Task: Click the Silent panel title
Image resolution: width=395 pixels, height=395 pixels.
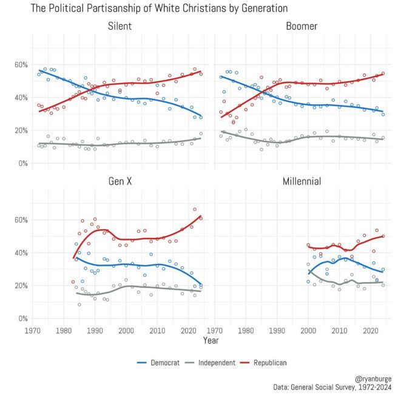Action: click(x=120, y=27)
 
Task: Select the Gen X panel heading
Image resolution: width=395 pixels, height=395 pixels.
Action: click(x=120, y=182)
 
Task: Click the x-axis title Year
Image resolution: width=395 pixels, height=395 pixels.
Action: click(x=211, y=341)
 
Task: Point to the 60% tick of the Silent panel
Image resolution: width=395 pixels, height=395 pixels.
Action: click(x=19, y=64)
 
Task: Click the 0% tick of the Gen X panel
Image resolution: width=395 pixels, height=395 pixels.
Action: click(x=22, y=319)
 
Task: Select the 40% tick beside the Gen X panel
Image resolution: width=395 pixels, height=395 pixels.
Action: click(x=19, y=252)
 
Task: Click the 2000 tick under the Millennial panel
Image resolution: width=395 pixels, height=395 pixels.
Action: click(x=309, y=330)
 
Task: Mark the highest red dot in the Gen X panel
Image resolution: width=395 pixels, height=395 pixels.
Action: click(x=195, y=209)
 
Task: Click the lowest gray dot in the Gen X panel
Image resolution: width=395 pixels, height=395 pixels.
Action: click(x=79, y=305)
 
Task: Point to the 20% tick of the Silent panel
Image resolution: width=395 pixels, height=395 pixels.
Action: click(x=19, y=130)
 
